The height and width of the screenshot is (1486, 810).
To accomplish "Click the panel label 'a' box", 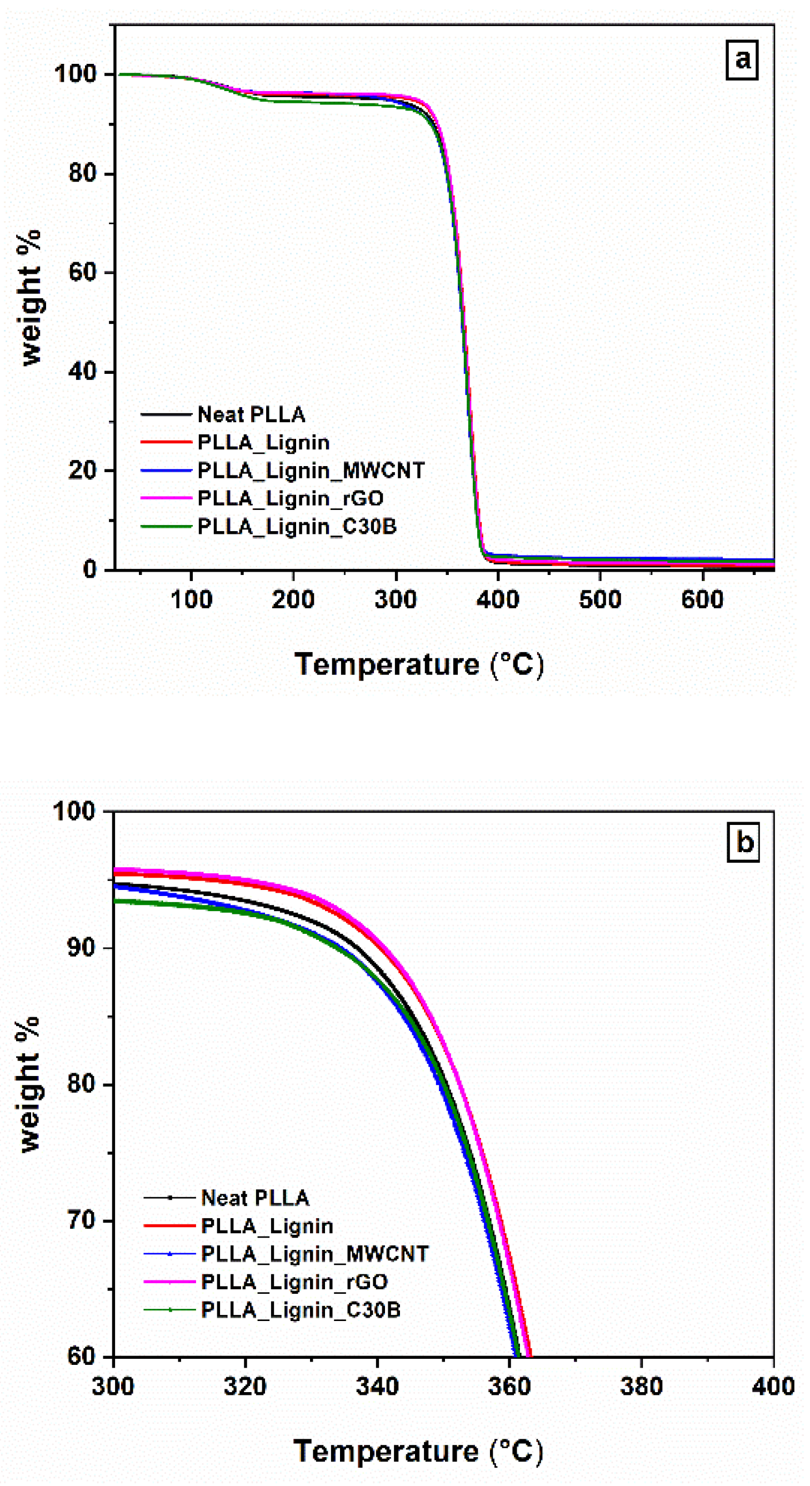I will [x=741, y=59].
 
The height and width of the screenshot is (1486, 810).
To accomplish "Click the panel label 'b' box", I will [x=743, y=843].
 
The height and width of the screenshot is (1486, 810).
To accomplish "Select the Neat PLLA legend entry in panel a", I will [x=251, y=414].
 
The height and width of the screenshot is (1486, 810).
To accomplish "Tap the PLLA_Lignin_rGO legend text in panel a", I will [x=290, y=498].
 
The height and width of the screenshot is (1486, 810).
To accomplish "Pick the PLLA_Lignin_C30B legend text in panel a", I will [x=297, y=526].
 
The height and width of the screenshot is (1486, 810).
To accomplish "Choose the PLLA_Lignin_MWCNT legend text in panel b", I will [x=314, y=1254].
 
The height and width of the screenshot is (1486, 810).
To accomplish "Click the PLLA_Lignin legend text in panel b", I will [x=267, y=1226].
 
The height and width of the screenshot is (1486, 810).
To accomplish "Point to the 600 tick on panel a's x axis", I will [x=702, y=599].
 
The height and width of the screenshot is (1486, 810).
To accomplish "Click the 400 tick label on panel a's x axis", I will [x=497, y=599].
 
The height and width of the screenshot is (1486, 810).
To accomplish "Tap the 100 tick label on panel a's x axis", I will [x=191, y=599].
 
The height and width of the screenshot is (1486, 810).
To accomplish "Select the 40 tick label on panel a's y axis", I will [x=82, y=371].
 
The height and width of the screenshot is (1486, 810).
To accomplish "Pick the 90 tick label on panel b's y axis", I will [x=81, y=947].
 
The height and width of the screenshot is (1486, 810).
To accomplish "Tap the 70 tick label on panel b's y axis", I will [x=81, y=1220].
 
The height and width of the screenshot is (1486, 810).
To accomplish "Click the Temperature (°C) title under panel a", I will [x=419, y=664].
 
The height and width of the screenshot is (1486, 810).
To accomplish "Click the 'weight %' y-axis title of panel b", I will [x=29, y=1084].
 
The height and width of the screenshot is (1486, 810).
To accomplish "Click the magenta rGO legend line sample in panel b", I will [x=169, y=1281].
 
